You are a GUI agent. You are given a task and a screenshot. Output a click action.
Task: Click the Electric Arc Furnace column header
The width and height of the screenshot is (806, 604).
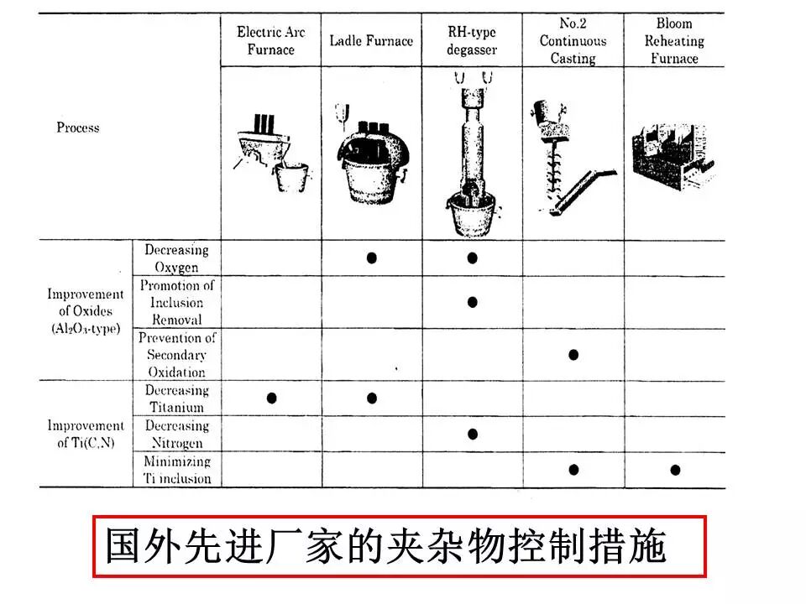click(x=270, y=41)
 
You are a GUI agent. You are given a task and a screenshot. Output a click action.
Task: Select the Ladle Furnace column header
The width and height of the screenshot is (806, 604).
click(x=371, y=41)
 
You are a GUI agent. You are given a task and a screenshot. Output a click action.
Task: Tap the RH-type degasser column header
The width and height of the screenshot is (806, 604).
click(x=472, y=41)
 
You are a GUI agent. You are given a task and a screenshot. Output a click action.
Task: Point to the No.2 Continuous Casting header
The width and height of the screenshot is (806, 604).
click(x=573, y=41)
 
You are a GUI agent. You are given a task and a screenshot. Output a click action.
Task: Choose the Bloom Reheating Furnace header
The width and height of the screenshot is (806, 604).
click(x=674, y=41)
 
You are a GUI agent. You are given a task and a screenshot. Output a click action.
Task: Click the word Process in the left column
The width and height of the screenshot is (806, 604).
click(x=78, y=128)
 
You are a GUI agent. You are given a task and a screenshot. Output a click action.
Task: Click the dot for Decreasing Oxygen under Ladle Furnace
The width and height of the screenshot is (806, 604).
click(x=372, y=258)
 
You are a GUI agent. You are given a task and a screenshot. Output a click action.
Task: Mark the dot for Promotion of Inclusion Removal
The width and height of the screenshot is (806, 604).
click(x=473, y=302)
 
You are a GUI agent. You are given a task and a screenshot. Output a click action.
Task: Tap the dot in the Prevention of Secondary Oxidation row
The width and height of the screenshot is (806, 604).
click(x=573, y=354)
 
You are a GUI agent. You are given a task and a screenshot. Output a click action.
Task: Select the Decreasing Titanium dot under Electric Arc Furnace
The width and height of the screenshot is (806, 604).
click(x=271, y=398)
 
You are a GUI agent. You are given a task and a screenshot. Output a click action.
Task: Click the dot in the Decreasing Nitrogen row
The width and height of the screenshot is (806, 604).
click(x=473, y=434)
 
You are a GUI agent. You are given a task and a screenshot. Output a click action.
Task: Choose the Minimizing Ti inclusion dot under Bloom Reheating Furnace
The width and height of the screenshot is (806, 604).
click(x=675, y=469)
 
